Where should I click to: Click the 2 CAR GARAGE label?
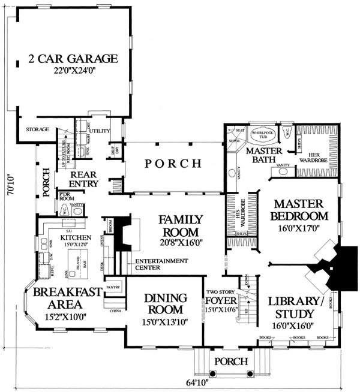tap(72, 59)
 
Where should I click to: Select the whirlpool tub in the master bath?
tap(262, 136)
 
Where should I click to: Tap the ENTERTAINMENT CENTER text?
tap(161, 264)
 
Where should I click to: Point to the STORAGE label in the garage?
tap(37, 129)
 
